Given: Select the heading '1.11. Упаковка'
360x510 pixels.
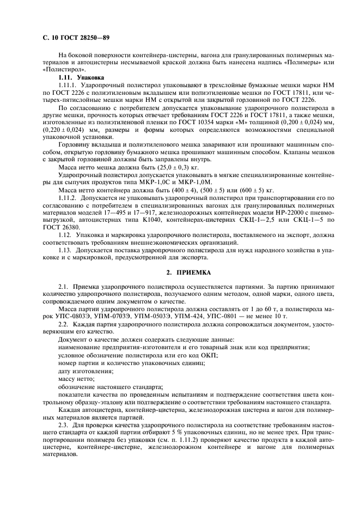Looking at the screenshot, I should [x=77, y=78].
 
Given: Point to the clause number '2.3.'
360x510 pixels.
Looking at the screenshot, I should [x=65, y=423].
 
